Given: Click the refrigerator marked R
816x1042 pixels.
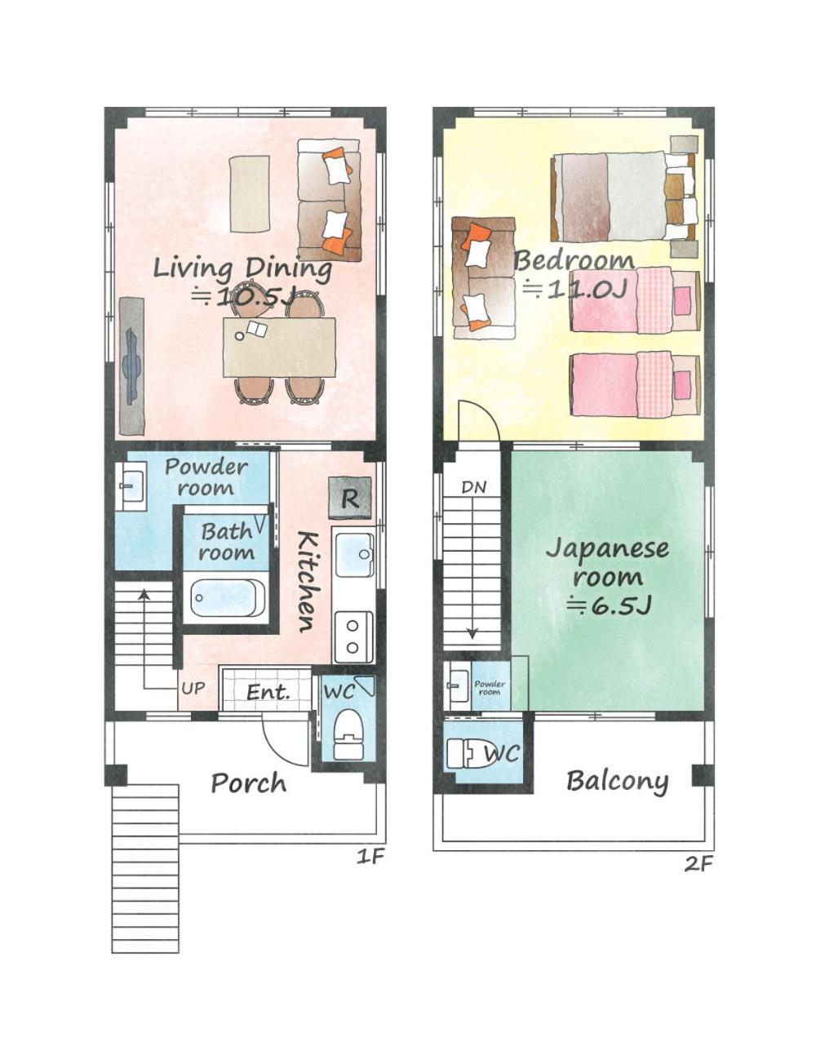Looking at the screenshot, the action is click(349, 498).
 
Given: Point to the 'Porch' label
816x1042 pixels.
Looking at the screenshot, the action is click(249, 784).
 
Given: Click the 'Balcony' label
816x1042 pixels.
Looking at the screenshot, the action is click(617, 781).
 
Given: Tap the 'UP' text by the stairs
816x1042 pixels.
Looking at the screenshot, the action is click(193, 689).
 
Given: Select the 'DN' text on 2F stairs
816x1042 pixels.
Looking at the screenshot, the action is click(473, 488).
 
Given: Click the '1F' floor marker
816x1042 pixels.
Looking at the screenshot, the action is click(370, 857).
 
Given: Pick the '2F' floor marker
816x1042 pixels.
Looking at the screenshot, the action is click(698, 864).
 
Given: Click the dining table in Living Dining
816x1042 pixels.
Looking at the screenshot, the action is click(280, 347).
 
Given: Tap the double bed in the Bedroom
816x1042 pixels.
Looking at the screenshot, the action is click(623, 197).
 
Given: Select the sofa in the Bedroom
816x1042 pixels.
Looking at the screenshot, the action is click(484, 278).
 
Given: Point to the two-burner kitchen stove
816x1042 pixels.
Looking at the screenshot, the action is click(354, 636).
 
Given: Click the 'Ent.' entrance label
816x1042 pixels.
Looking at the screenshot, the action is click(268, 692).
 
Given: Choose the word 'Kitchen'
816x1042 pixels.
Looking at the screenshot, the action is click(307, 581).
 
